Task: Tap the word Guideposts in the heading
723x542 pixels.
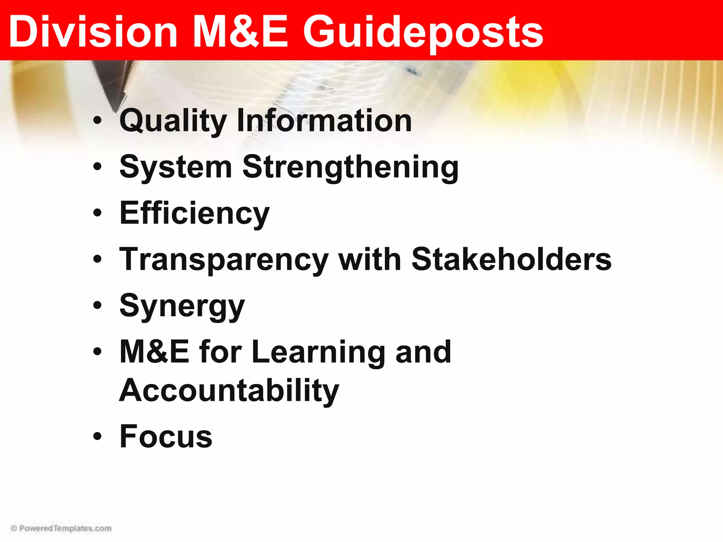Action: point(423,32)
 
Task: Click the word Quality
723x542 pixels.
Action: point(173,121)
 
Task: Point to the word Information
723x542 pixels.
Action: point(324,121)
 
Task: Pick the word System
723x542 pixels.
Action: point(176,167)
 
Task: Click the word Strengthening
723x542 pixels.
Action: point(351,167)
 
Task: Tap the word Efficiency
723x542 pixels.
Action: point(195,213)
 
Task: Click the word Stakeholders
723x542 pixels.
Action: point(511,259)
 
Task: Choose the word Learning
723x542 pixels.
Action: point(319,353)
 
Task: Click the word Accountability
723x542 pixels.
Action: point(229,391)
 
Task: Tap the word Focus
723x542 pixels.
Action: point(166,437)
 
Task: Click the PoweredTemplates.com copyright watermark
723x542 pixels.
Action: point(61,528)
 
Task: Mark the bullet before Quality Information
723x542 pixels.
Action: point(97,121)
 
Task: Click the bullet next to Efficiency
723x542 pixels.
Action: point(97,213)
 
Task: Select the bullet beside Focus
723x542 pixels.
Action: point(97,437)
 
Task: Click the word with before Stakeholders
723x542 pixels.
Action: point(370,259)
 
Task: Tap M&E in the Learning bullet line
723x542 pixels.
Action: point(154,352)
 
